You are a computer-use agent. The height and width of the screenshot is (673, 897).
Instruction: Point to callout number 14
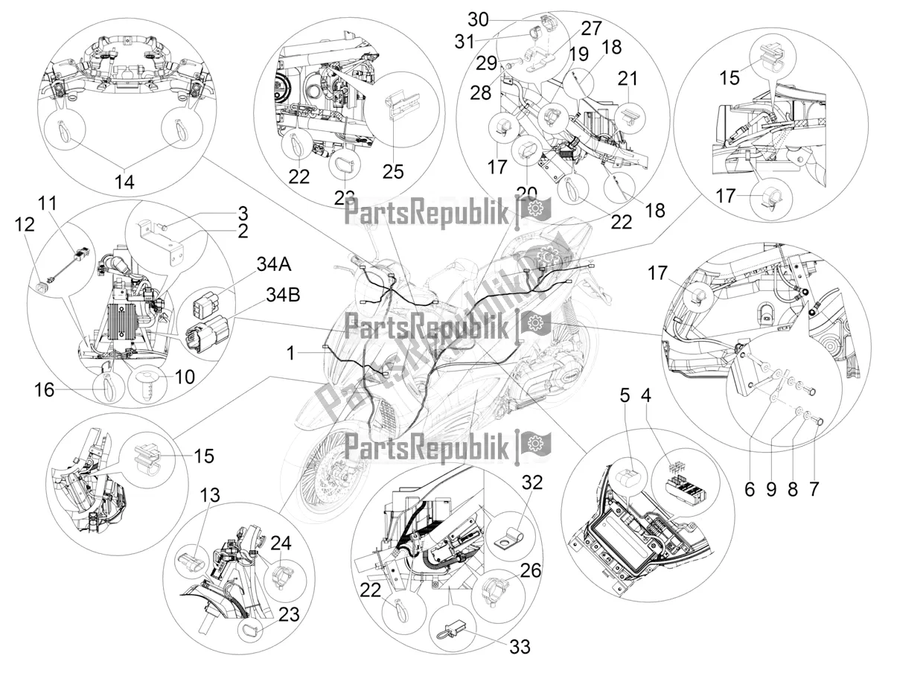point(125,182)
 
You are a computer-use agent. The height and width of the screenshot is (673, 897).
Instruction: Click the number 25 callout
point(392,171)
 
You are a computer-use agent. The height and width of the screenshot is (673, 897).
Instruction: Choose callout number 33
point(520,646)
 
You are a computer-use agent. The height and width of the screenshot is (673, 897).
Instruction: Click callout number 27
point(590,30)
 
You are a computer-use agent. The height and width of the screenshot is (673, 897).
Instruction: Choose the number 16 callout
point(45,389)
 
